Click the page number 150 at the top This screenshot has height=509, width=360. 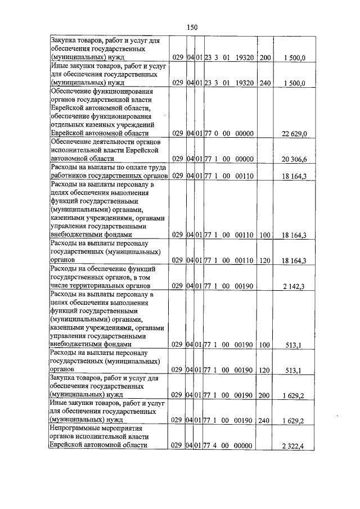coord(192,26)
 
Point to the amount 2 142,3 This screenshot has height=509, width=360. coord(294,287)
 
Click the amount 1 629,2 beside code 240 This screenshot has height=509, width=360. coord(294,421)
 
